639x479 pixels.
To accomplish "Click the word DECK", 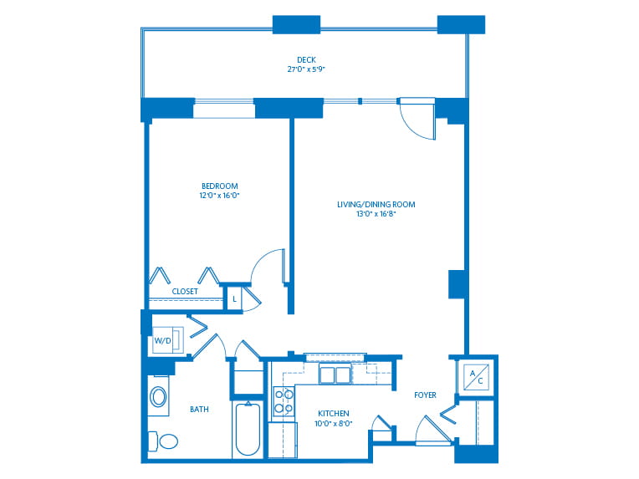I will pos(306,59).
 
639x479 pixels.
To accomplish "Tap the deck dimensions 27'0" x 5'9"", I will pos(306,69).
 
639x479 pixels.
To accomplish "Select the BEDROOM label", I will pos(219,186).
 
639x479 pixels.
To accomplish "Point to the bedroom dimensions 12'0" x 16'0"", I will pos(219,196).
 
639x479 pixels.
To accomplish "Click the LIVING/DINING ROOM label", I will pos(376,204).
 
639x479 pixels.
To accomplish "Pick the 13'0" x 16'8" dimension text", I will pos(376,214).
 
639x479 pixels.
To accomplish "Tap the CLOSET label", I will pos(185,292).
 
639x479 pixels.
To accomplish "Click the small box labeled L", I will pos(234,298).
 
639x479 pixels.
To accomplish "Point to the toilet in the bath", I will pos(165,441).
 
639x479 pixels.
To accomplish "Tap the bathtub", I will pos(248,429).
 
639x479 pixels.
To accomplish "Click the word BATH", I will pos(199,410).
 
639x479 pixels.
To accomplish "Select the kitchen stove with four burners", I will pos(284,400).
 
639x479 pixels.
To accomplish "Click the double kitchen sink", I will pos(335,375).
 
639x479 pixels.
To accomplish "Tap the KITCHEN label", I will pos(333,414).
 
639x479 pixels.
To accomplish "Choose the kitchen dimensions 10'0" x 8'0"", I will pos(333,424).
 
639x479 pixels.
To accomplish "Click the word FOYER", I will pos(425,395).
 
